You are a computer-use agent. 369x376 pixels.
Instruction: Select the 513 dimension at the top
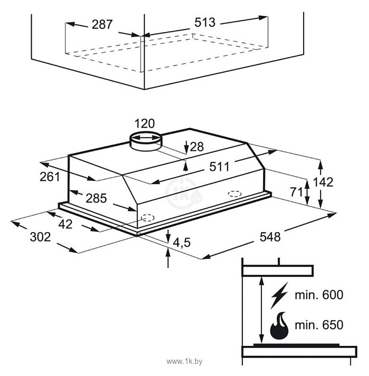[x=205, y=22]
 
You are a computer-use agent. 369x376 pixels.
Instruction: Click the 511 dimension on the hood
[x=219, y=167]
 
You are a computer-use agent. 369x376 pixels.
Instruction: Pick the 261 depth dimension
[x=50, y=177]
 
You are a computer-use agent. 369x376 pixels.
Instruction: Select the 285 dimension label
[x=96, y=198]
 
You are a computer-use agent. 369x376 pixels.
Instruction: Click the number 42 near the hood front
[x=66, y=224]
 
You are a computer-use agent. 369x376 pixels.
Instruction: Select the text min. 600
[x=318, y=295]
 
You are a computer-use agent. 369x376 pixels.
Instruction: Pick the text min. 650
[x=318, y=325]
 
